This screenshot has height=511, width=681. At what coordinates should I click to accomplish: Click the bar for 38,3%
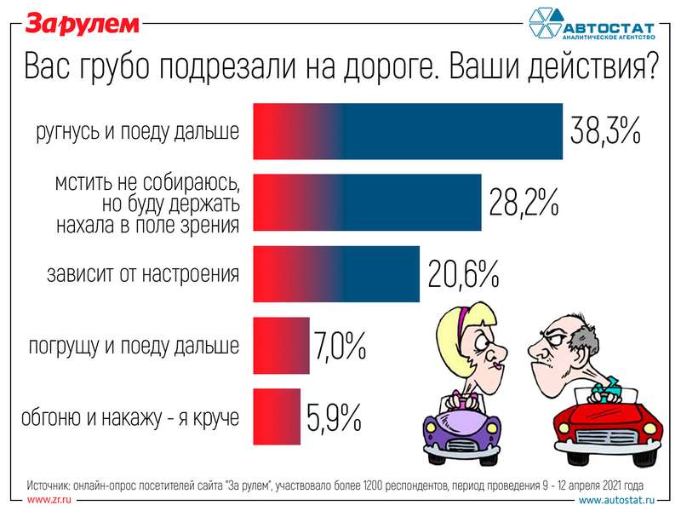(408, 131)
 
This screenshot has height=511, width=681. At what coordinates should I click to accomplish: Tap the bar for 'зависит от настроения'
(336, 273)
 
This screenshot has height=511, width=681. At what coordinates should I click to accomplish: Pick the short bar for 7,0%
(281, 345)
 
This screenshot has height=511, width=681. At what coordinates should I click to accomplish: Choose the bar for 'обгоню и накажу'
(277, 416)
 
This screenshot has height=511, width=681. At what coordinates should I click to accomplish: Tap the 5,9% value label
(334, 417)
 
